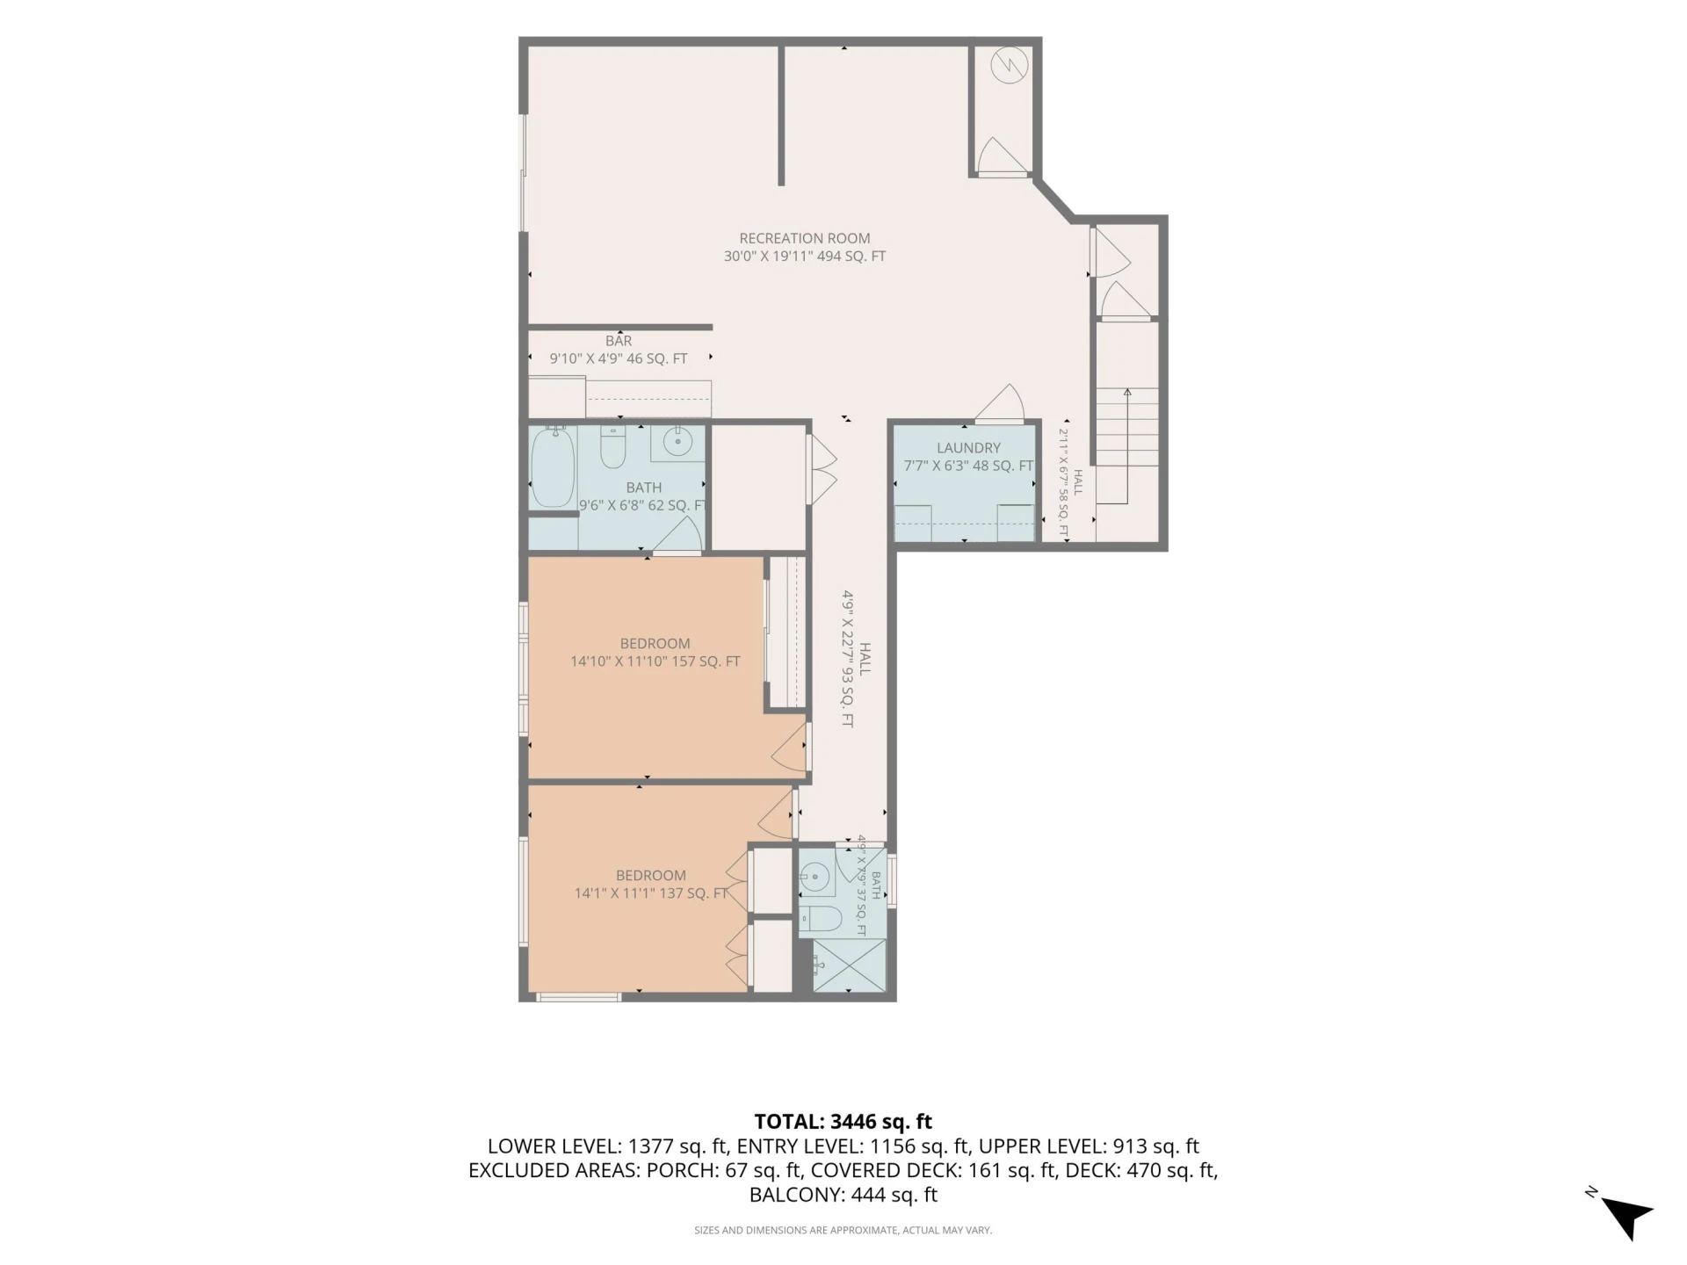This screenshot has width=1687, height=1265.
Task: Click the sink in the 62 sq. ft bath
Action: click(677, 443)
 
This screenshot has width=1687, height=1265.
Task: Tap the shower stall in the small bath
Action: click(849, 965)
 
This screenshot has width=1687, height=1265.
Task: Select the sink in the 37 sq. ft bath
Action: click(816, 876)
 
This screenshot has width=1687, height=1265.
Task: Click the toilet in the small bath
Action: click(821, 918)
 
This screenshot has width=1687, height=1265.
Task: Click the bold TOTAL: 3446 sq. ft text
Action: click(843, 1122)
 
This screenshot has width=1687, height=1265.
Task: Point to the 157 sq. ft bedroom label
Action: click(655, 653)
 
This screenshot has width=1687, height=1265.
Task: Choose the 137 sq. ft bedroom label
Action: click(651, 885)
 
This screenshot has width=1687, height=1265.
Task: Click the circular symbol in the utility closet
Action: click(1010, 65)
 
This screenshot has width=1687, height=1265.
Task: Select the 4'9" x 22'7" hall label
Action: click(856, 658)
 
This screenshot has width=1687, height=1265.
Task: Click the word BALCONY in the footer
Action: click(795, 1195)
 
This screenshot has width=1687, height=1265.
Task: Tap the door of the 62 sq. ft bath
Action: click(677, 533)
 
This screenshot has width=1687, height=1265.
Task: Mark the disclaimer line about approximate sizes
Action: click(843, 1230)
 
